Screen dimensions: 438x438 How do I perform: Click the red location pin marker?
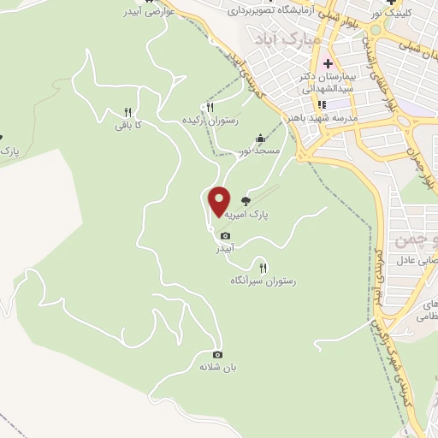[220, 201]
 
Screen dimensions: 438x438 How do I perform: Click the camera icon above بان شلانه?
[217, 354]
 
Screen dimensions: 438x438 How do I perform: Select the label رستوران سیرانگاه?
[263, 281]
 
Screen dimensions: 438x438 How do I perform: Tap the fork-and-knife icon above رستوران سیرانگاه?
[263, 268]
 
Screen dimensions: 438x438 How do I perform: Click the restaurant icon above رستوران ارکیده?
[209, 107]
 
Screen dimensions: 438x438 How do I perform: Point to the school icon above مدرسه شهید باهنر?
[321, 105]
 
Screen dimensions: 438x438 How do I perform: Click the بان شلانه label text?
[217, 367]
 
